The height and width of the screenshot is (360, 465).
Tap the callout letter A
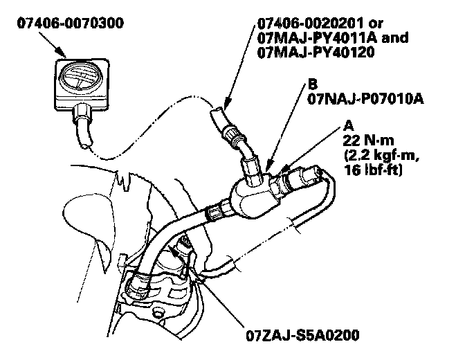coord(347,127)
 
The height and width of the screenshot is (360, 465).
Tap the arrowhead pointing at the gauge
coord(60,51)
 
